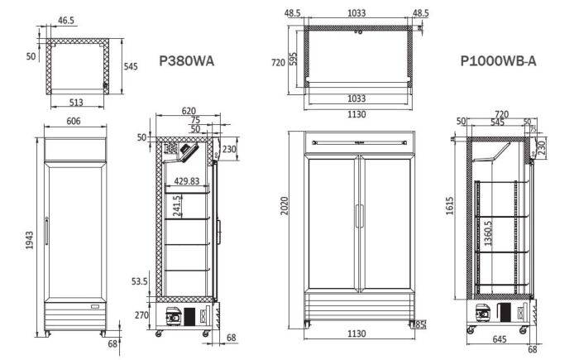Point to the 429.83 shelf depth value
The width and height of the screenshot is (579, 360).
[187, 181]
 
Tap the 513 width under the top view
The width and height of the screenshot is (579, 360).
[77, 103]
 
